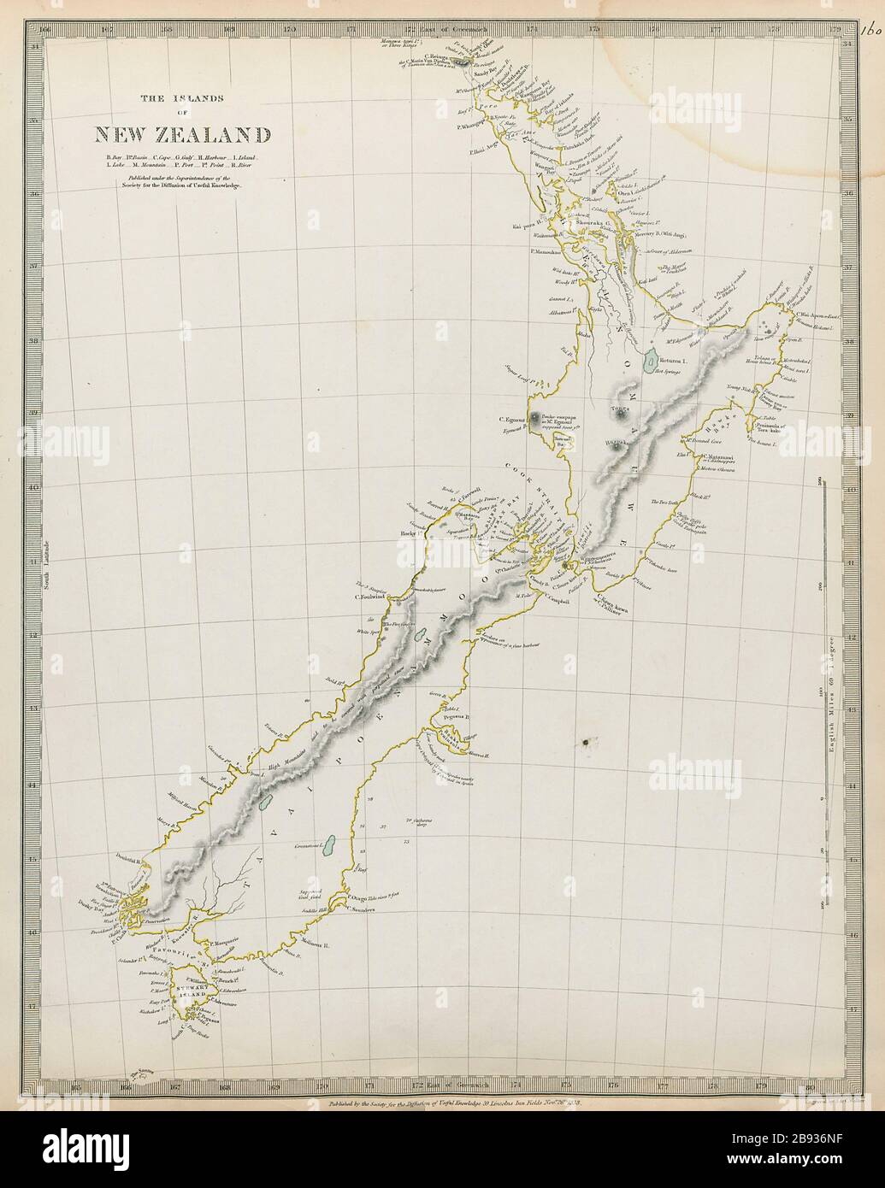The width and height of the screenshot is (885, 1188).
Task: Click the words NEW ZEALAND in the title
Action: tap(183, 134)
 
